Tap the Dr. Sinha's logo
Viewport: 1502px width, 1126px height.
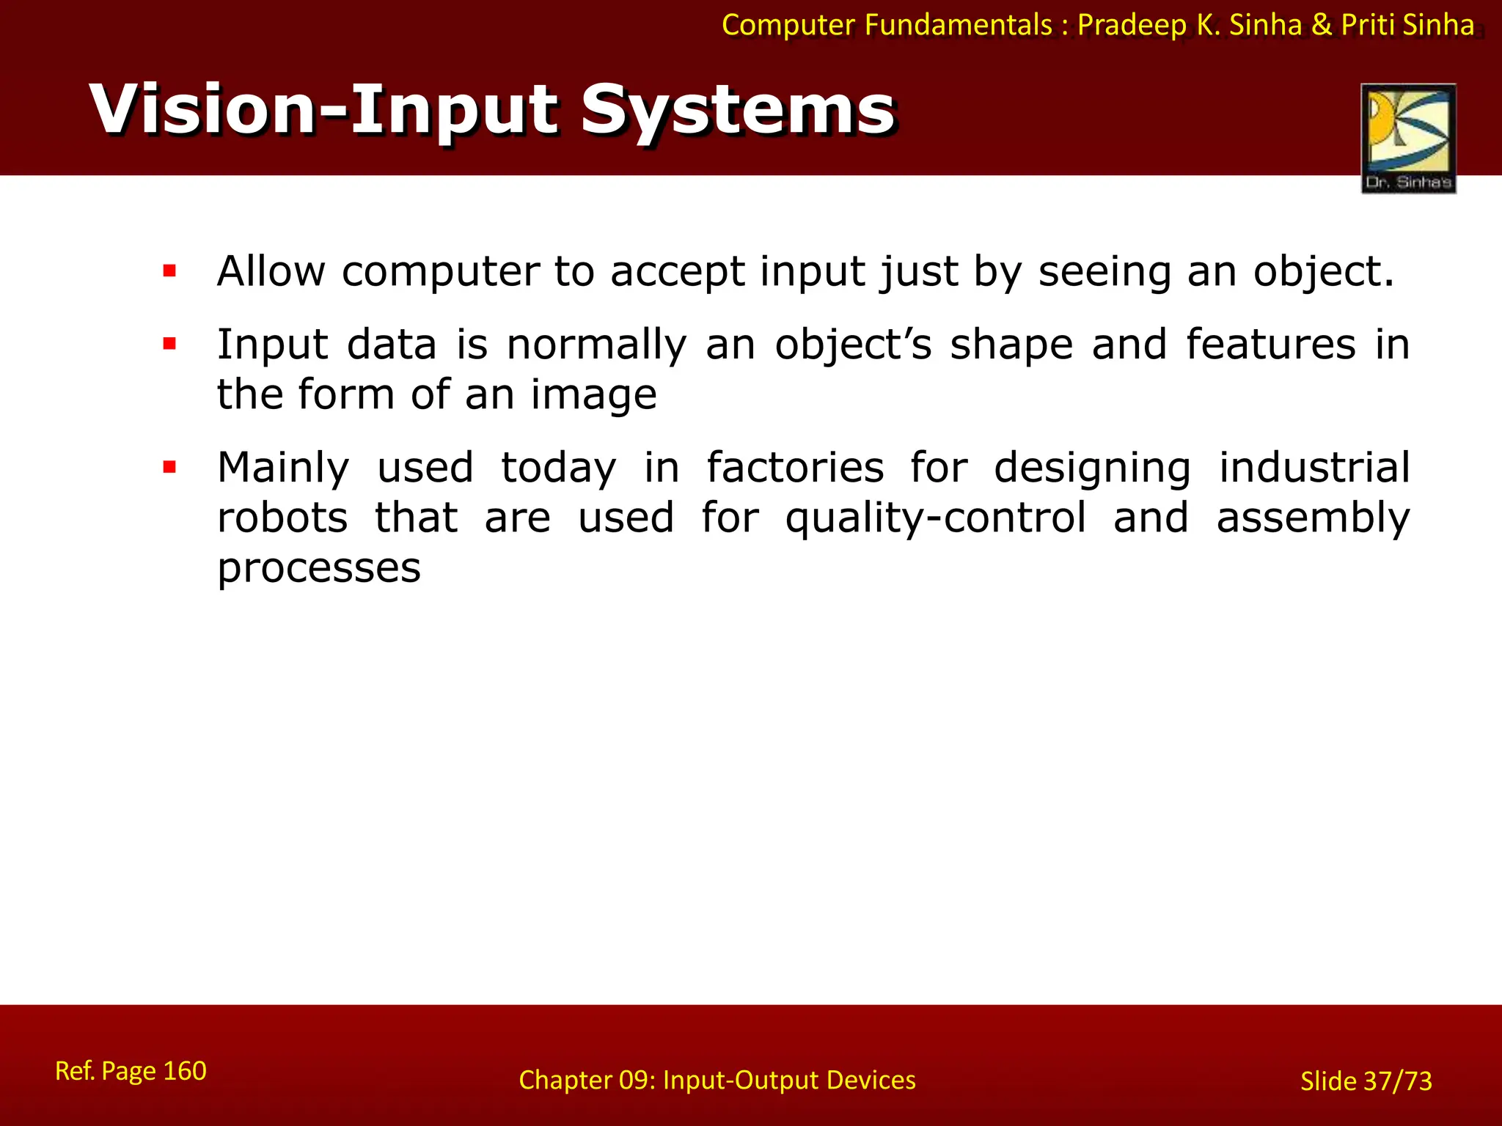pyautogui.click(x=1408, y=138)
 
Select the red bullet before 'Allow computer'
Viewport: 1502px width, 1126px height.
pyautogui.click(x=170, y=271)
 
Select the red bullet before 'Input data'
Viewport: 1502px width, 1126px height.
pyautogui.click(x=170, y=344)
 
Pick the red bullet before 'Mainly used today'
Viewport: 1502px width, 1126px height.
pyautogui.click(x=170, y=467)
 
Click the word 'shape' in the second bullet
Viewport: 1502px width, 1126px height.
pyautogui.click(x=1011, y=345)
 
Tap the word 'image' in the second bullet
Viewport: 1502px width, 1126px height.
pyautogui.click(x=593, y=396)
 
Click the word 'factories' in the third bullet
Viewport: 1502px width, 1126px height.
pyautogui.click(x=795, y=468)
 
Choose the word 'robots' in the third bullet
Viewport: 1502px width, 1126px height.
pyautogui.click(x=282, y=518)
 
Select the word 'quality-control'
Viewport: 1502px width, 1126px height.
pyautogui.click(x=936, y=519)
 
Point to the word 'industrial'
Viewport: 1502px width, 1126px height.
pyautogui.click(x=1314, y=468)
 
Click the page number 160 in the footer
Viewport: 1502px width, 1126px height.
pyautogui.click(x=184, y=1071)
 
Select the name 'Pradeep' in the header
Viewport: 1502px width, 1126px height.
pyautogui.click(x=1130, y=26)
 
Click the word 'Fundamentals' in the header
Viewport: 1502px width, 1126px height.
pyautogui.click(x=959, y=26)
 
